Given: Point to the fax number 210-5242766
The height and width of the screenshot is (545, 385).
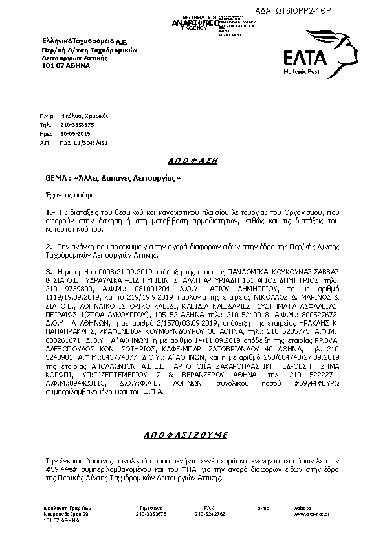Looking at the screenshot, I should coord(210,513).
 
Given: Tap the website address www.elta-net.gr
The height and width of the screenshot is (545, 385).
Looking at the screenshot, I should coord(311,513).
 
